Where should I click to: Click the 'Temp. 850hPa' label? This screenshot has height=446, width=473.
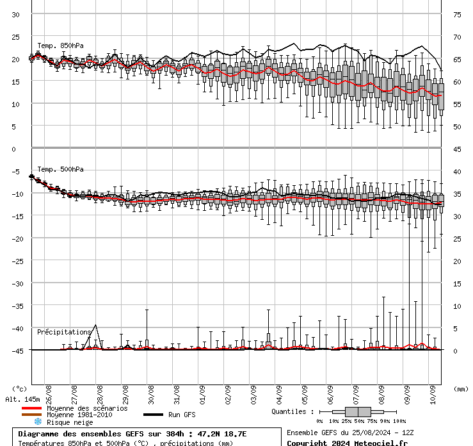[60, 45]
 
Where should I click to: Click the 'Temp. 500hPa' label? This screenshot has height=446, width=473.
[60, 170]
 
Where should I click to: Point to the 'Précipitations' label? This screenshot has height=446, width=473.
[64, 332]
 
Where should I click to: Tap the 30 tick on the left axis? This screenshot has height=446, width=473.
[16, 15]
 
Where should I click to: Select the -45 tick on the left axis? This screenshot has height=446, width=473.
[15, 351]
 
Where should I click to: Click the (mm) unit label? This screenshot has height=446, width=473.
[461, 389]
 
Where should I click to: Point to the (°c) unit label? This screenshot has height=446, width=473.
[19, 389]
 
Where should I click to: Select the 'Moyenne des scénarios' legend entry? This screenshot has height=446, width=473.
[87, 408]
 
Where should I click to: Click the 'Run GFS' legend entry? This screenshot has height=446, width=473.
[182, 415]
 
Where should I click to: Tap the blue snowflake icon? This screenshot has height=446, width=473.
[38, 422]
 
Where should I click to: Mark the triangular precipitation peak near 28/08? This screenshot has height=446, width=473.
[95, 326]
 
